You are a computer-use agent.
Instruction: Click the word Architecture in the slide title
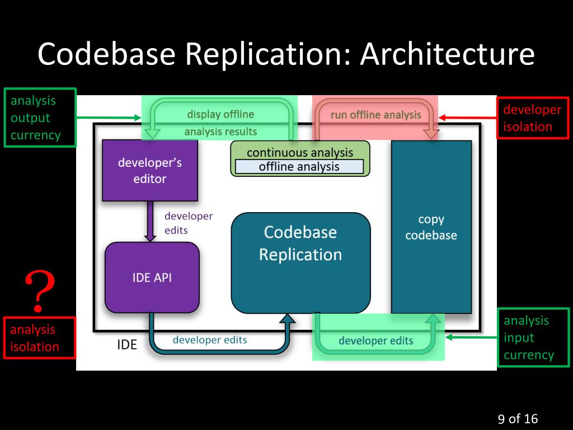coord(447,54)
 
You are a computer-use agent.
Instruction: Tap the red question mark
coord(40,291)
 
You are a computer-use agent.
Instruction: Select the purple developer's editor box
coord(150,170)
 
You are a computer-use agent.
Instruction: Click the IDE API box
coord(152,278)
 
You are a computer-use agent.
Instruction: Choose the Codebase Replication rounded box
coord(300,263)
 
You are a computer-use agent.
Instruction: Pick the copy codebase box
coord(431,227)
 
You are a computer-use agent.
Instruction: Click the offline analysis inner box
coord(299,167)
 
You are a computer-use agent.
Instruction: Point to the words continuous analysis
coord(300,152)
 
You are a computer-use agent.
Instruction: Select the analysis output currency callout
coord(40,118)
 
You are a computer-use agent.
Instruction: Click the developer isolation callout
coord(533,118)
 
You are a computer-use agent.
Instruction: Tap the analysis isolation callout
coord(40,338)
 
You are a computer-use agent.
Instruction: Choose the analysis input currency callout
coord(533,338)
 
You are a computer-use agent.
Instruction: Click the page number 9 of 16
coord(518,419)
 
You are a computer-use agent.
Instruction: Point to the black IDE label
coord(127,344)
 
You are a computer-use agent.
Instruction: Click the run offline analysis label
coord(375,115)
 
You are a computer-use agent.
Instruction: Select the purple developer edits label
coord(189,223)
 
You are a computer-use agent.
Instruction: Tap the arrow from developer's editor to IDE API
coord(150,221)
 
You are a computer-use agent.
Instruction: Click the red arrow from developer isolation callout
coord(467,118)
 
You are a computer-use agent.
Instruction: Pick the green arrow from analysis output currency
coord(109,118)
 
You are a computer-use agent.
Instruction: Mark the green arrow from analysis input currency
coord(471,337)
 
